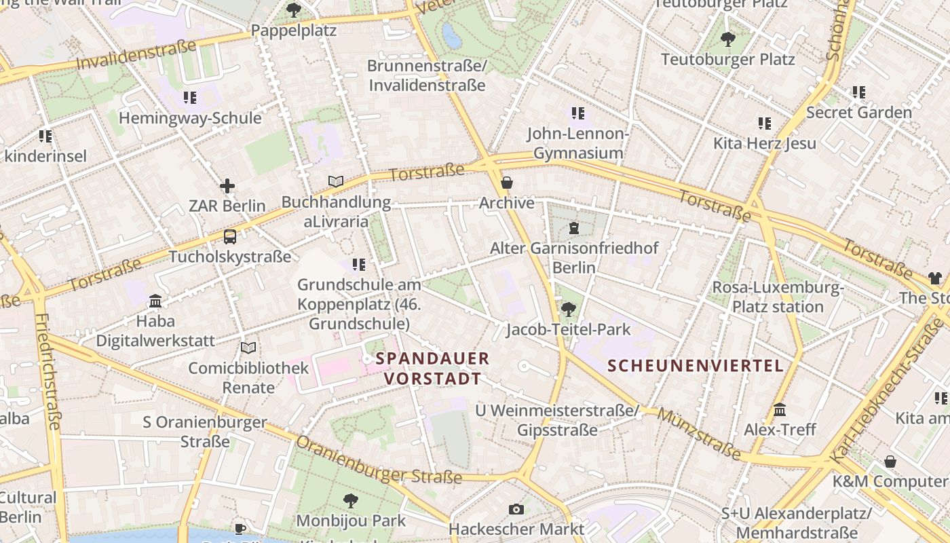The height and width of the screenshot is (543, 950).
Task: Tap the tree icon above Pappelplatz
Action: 293,10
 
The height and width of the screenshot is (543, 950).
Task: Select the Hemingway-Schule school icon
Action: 190,98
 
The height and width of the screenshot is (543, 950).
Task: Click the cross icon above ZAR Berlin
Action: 227,185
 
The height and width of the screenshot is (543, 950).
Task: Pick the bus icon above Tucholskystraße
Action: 230,237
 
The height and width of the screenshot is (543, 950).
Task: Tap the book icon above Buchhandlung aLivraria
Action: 336,181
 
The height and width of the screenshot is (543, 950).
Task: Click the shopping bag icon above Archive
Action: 507,183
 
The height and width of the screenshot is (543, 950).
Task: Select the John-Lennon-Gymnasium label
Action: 578,143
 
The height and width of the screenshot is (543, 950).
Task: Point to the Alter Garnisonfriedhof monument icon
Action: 574,228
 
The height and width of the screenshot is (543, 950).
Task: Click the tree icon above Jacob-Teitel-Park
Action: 569,310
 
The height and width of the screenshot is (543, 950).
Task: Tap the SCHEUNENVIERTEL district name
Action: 695,366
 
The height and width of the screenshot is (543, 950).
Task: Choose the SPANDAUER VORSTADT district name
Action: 433,369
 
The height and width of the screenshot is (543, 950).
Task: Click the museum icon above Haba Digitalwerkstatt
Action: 155,301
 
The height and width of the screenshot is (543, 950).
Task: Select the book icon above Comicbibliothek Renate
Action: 248,348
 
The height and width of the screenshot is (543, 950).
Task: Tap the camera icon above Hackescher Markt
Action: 516,509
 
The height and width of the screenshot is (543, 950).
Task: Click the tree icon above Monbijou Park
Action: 351,501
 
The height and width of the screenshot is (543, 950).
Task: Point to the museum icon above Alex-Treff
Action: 780,410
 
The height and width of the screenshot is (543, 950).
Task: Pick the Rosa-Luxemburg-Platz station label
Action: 778,297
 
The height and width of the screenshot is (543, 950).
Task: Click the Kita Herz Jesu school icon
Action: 765,124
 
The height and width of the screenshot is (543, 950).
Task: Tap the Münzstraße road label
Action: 699,434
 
